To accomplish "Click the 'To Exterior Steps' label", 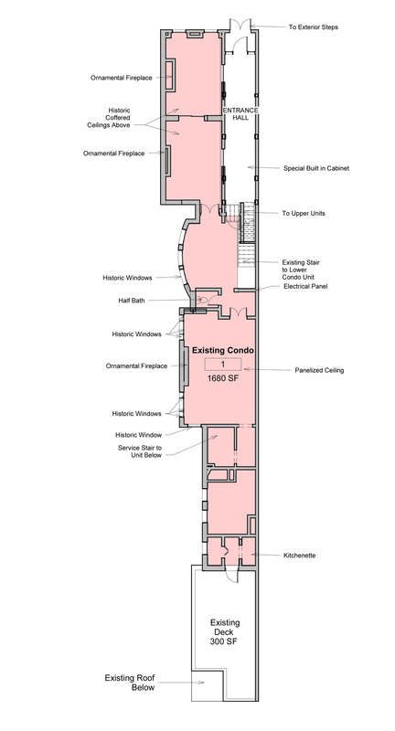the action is (313, 27).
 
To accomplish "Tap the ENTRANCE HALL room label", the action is (240, 113).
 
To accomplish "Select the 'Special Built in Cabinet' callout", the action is (316, 168).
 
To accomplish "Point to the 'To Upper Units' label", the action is (304, 213).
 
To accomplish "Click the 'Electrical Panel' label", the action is (305, 286).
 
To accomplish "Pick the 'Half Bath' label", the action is (132, 301).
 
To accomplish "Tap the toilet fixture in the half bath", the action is (201, 301).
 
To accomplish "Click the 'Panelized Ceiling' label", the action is (319, 370).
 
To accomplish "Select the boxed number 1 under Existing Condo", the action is (223, 364).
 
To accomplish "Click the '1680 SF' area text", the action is (223, 378).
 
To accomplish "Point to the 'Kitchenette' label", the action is (299, 556).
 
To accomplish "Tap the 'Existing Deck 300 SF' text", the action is (225, 632).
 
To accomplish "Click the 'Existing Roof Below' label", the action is (130, 683).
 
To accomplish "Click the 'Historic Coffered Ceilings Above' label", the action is (109, 118).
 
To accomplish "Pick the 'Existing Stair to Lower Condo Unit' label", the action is (301, 270).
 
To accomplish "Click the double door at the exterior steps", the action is (240, 26).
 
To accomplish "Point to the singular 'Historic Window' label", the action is (138, 435).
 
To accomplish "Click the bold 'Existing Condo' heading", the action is (223, 350).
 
